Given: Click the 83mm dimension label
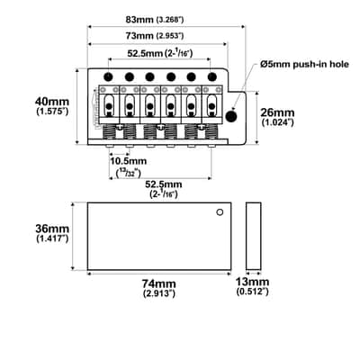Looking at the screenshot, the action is [140, 20].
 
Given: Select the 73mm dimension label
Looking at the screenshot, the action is [140, 36].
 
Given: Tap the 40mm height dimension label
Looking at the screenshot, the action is [52, 102].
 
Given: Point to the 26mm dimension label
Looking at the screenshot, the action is [277, 112].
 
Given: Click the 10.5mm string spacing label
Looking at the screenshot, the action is [129, 161].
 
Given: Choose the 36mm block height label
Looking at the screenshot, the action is [52, 229].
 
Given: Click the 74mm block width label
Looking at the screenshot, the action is [158, 283].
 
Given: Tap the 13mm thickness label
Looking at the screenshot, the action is [252, 282].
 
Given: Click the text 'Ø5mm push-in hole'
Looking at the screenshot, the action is [304, 64].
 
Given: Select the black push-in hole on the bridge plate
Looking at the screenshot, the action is [231, 116].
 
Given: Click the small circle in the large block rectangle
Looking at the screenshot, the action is [220, 212].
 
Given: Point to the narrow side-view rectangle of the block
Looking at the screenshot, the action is [254, 236].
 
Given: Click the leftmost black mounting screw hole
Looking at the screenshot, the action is [108, 76].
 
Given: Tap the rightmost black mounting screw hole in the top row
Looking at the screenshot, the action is [212, 76].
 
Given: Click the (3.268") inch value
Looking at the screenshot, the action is [170, 20].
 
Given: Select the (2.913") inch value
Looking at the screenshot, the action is [159, 292].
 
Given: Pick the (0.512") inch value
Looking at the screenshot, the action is [252, 292].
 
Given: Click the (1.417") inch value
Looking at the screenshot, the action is [52, 238].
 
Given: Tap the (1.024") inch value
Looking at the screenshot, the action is [277, 122].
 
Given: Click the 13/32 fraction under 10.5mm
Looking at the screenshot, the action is [129, 173].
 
